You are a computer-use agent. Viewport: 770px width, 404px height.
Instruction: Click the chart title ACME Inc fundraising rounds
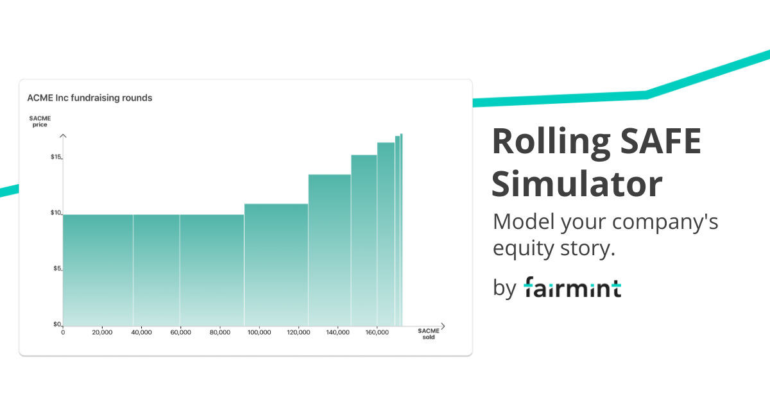coord(89,98)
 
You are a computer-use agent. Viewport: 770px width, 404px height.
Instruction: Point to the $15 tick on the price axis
coord(56,157)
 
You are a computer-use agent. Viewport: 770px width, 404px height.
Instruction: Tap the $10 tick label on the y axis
coord(56,213)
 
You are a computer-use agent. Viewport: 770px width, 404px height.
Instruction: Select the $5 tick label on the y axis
coord(56,269)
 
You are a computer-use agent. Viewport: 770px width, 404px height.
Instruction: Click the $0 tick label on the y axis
coord(56,324)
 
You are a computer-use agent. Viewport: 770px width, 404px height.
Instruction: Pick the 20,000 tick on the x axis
coord(102,332)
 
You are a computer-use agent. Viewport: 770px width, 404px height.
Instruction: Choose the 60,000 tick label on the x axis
coord(180,332)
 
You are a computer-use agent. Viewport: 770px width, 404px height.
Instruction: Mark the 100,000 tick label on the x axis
coord(259,332)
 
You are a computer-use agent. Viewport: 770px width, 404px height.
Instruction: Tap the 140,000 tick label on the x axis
coord(338,332)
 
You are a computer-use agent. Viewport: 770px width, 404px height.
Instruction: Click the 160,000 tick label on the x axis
coord(377,332)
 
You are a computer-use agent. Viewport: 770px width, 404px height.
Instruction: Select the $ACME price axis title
coord(40,121)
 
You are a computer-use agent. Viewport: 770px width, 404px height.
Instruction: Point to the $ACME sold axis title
coord(429,333)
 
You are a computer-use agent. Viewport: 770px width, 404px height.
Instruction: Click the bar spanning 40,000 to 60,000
coord(156,269)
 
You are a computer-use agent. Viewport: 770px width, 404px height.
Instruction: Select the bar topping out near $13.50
coord(329,250)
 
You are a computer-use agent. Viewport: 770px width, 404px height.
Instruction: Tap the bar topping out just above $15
coord(364,240)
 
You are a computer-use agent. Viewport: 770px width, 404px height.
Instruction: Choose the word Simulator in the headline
coord(577,184)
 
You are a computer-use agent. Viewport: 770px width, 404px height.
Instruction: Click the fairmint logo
coord(572,287)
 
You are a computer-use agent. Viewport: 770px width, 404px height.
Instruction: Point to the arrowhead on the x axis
coord(442,326)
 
